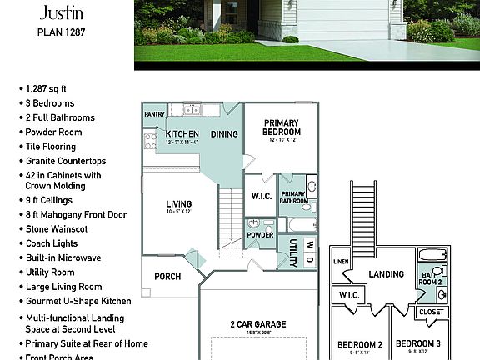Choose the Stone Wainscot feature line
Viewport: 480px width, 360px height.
[x=60, y=229]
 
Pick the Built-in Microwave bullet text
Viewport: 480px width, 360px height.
[x=63, y=257]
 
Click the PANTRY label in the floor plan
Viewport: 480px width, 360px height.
[x=154, y=114]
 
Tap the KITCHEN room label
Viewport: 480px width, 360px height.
[x=182, y=133]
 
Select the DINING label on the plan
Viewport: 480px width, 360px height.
[x=223, y=133]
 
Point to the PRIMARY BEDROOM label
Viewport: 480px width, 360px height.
[x=281, y=127]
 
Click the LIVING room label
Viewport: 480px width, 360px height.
[x=178, y=203]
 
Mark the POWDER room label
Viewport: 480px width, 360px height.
[x=260, y=235]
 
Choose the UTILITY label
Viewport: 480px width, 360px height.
[x=293, y=252]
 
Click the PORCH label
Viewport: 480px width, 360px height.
[x=167, y=277]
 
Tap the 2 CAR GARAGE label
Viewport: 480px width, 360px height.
[x=257, y=324]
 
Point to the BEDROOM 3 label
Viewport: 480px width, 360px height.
[x=417, y=344]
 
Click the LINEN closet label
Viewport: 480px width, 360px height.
[x=340, y=262]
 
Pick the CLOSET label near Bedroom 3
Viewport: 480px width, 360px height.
[x=431, y=312]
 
